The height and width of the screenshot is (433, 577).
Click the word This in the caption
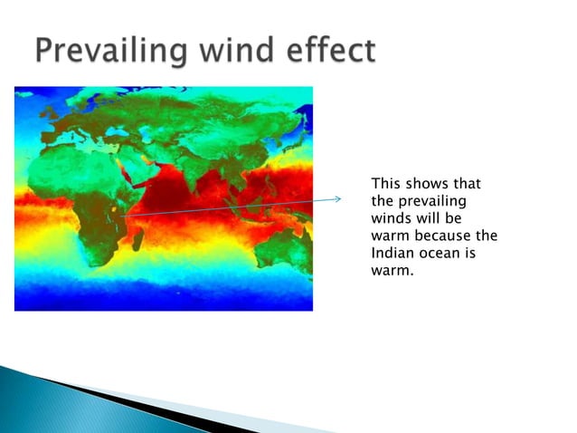point(387,184)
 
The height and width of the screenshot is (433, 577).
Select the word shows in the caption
point(431,184)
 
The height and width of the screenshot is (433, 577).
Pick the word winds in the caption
point(391,218)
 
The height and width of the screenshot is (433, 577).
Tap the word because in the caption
point(446,236)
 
